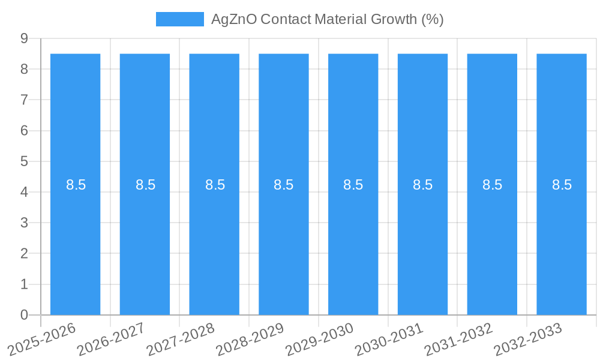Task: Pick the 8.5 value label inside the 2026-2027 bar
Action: pyautogui.click(x=145, y=185)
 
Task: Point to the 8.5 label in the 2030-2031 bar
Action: pyautogui.click(x=422, y=185)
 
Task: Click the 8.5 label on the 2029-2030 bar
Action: pyautogui.click(x=353, y=185)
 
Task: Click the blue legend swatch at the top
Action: pyautogui.click(x=180, y=19)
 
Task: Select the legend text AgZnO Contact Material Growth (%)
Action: pyautogui.click(x=327, y=19)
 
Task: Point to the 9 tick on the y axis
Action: pyautogui.click(x=25, y=38)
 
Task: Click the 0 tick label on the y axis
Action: pyautogui.click(x=25, y=315)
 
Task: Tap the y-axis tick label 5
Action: pyautogui.click(x=25, y=161)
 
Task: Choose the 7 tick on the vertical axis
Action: pyautogui.click(x=25, y=100)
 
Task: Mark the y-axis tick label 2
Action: pyautogui.click(x=25, y=253)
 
